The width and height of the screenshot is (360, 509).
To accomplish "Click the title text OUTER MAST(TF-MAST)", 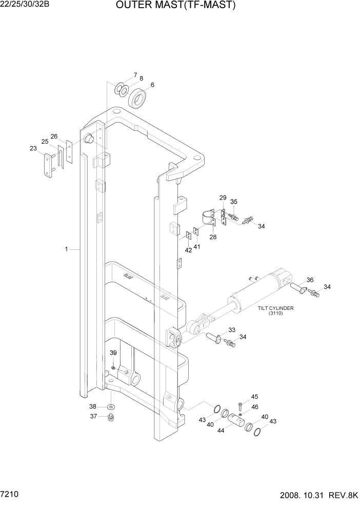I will (x=176, y=6).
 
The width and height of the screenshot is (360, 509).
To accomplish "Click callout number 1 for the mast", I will (x=66, y=249).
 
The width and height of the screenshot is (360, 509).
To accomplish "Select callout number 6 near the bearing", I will (x=152, y=85).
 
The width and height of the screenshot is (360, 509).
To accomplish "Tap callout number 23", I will (x=33, y=149).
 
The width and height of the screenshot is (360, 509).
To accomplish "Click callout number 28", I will (x=212, y=237).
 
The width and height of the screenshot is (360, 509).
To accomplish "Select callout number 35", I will (x=234, y=202).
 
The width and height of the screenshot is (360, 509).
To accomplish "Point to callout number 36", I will (x=310, y=280).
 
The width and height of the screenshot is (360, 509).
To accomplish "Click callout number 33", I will (x=232, y=330).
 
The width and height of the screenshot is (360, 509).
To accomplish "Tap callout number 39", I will (x=113, y=353).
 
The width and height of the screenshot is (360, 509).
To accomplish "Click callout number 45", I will (x=254, y=397).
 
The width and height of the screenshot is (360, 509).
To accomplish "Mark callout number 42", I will (x=188, y=250).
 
